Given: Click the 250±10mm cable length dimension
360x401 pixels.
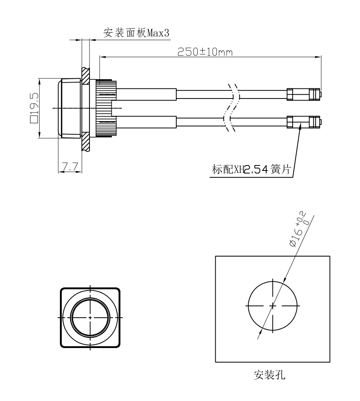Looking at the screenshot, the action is point(205,52).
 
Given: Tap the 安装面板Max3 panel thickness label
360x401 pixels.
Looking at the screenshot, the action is point(136,33).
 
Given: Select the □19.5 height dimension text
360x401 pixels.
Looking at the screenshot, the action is point(34,108).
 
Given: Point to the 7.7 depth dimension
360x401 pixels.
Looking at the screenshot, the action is point(70,167).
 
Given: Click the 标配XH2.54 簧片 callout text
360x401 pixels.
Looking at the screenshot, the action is point(251,169).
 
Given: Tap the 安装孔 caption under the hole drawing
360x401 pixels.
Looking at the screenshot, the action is point(269,375).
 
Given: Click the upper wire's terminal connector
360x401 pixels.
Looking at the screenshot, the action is point(304,94).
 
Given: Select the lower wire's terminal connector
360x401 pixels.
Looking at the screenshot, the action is point(304,122).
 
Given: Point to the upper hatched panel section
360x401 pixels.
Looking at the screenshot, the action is point(86,76).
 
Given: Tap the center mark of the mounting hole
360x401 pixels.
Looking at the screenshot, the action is point(273,306).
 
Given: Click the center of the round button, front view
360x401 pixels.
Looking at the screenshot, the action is point(90,317).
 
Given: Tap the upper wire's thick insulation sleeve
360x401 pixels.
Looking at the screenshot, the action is point(146,94).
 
